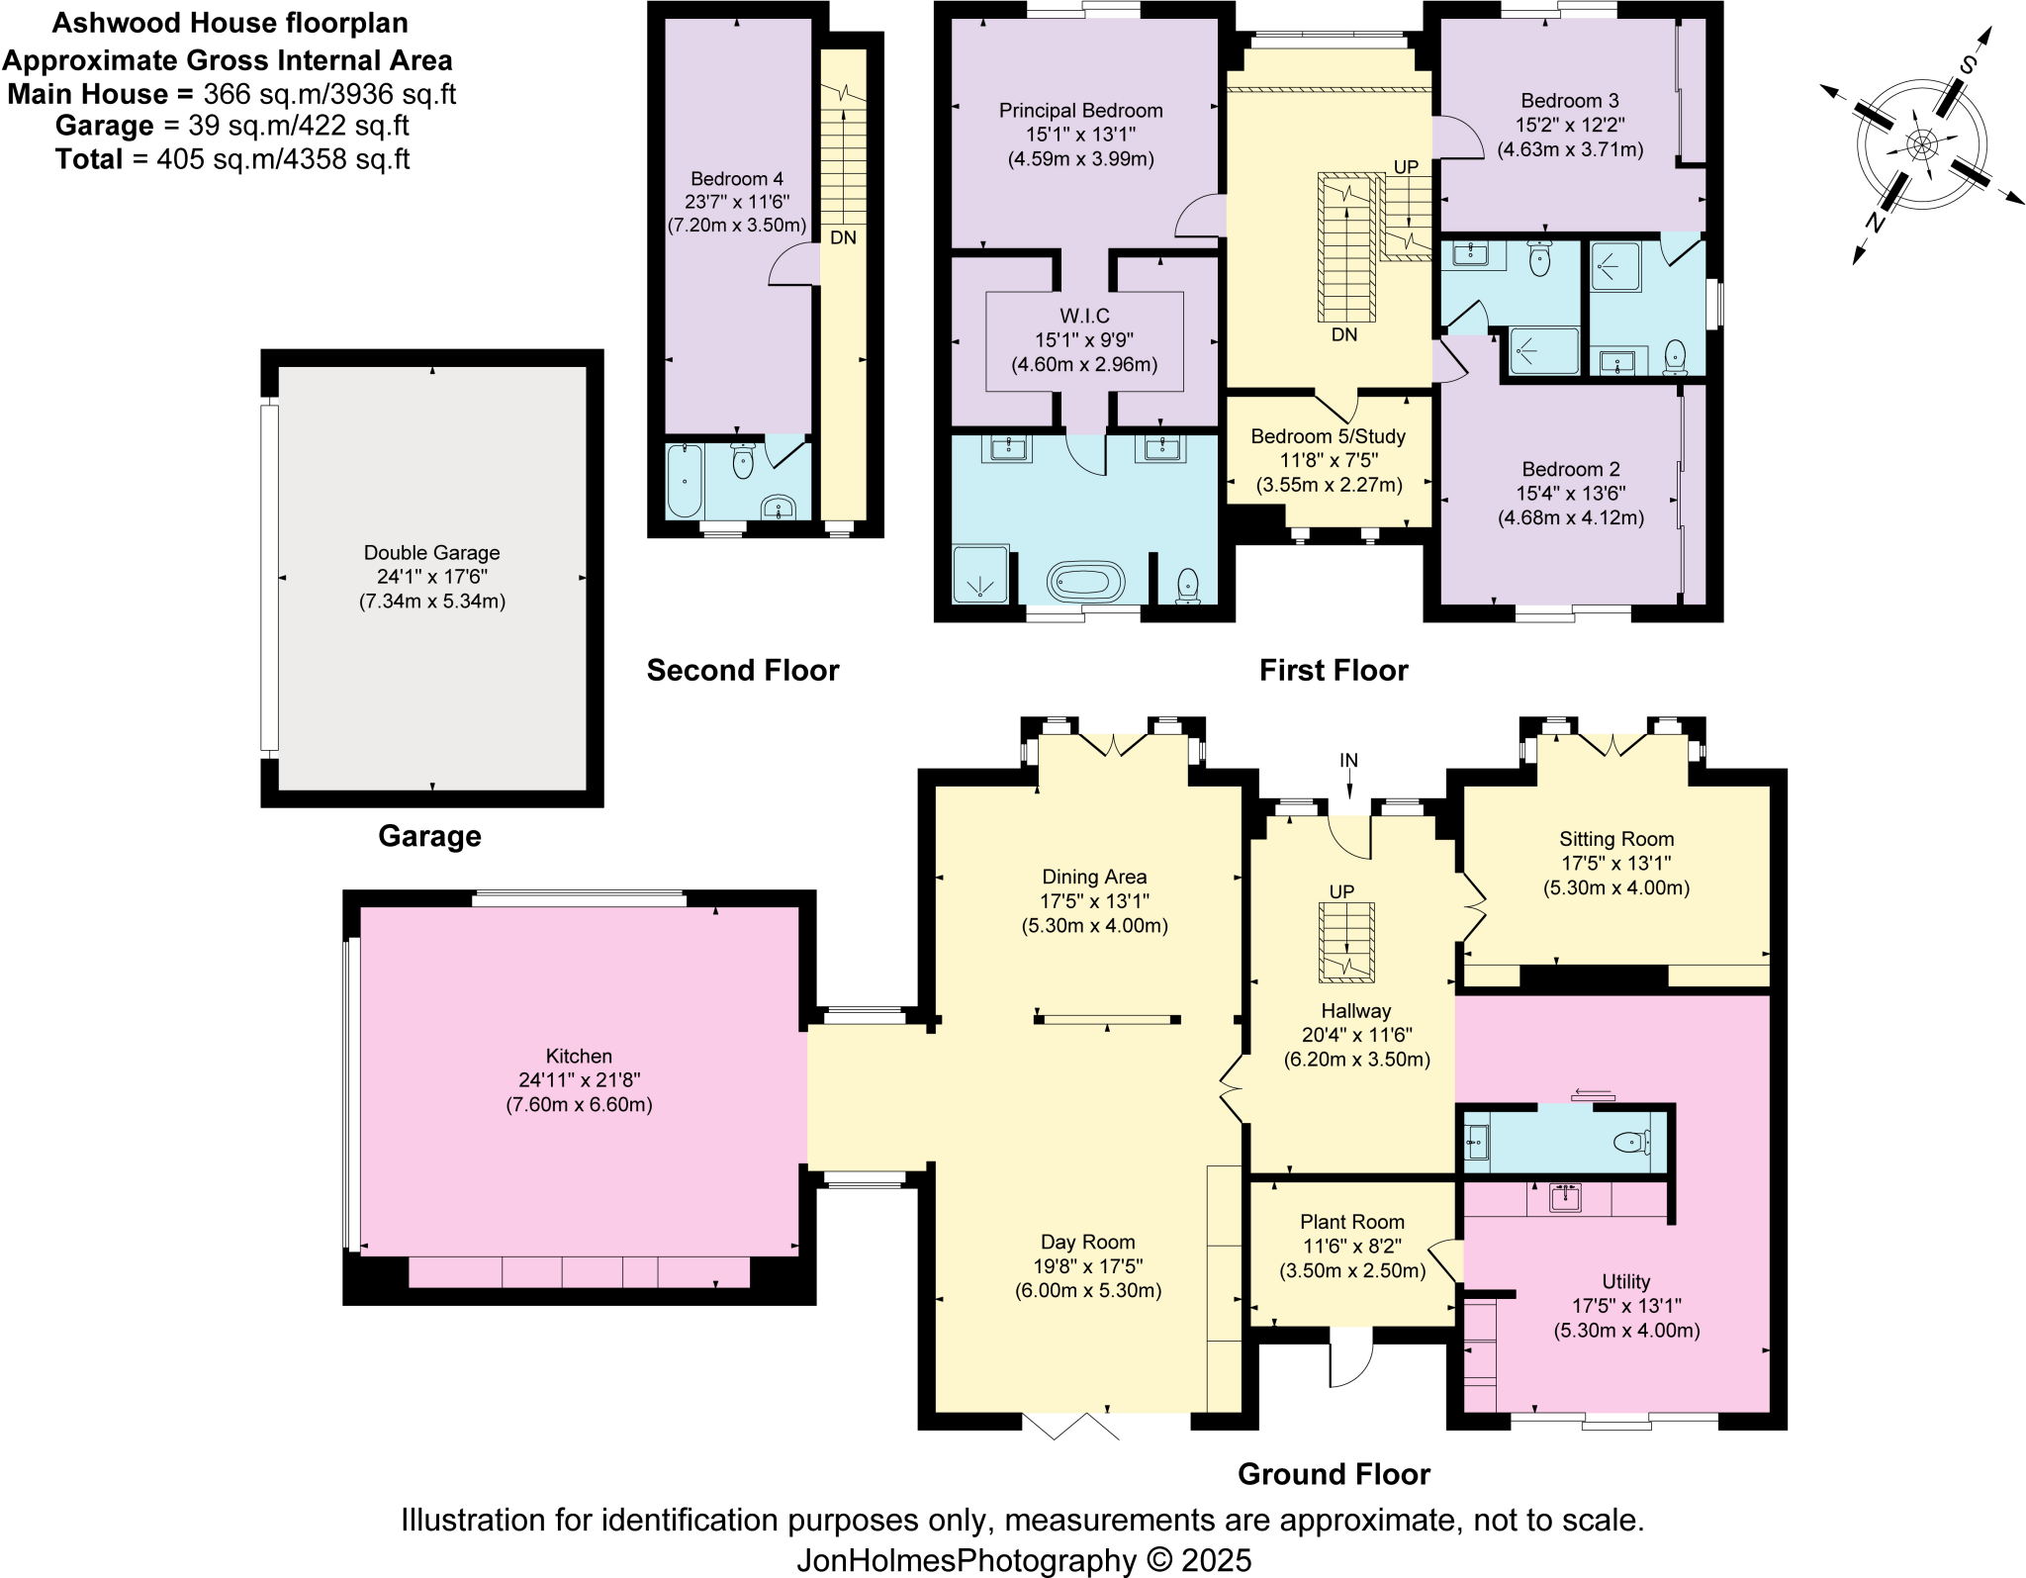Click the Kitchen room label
point(579,1056)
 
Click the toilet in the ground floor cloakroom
point(1631,1143)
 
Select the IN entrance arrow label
point(1348,761)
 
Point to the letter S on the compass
point(1968,66)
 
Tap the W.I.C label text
point(1084,316)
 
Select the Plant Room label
point(1351,1222)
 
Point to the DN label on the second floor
point(843,238)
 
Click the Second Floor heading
point(742,671)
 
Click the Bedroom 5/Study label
point(1328,436)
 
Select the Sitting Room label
point(1616,839)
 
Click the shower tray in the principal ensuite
point(979,574)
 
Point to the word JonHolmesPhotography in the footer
point(967,1560)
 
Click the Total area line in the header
point(232,159)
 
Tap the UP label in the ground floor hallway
point(1341,891)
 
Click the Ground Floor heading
point(1333,1474)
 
